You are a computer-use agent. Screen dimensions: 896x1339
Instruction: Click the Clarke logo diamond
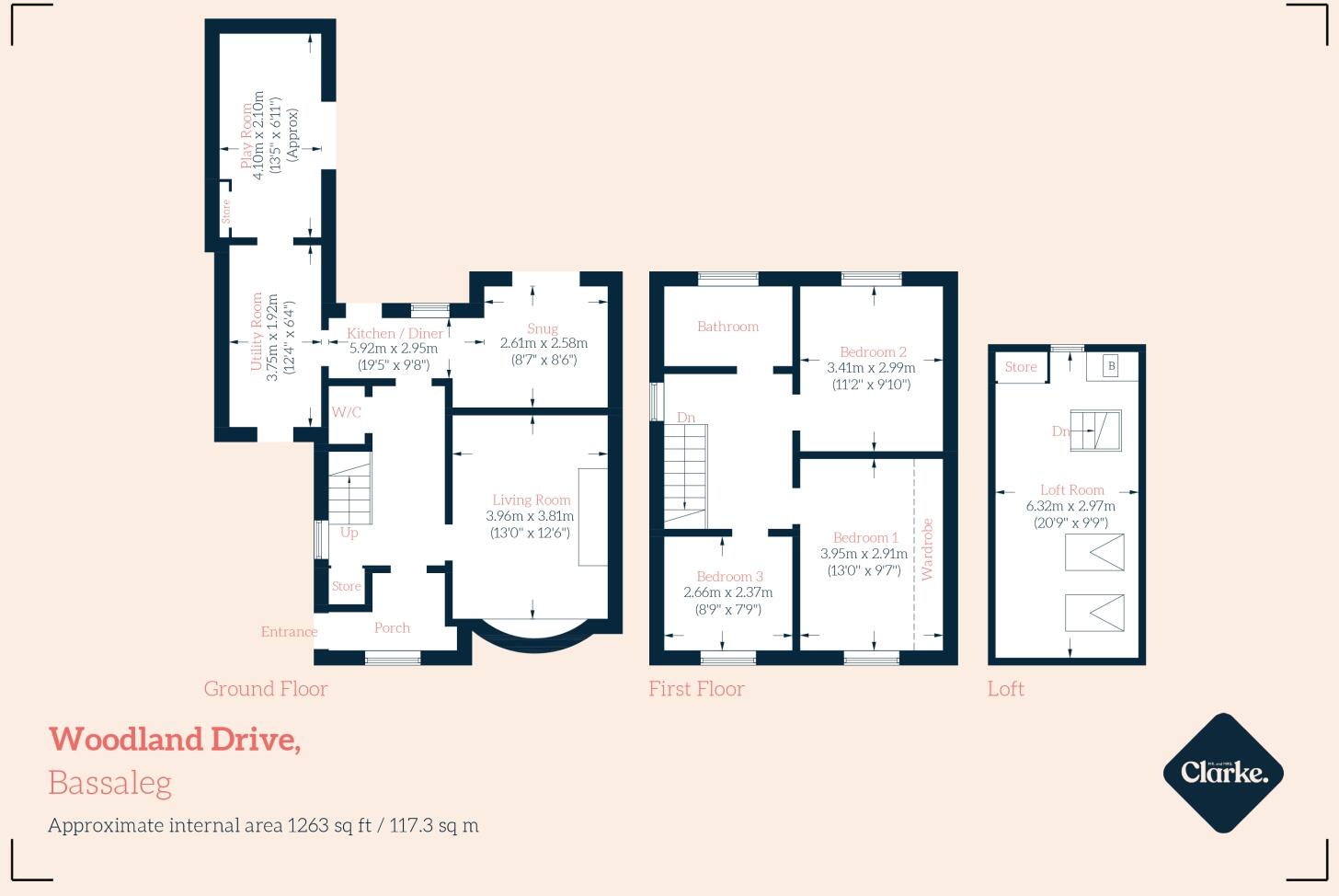click(x=1222, y=773)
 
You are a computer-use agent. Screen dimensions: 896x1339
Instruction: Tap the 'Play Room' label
click(x=246, y=135)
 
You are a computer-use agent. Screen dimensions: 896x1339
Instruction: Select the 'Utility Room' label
click(x=257, y=331)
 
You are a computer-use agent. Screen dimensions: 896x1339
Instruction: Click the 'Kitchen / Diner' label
click(x=395, y=333)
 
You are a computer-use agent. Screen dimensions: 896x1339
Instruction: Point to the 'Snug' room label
click(x=543, y=328)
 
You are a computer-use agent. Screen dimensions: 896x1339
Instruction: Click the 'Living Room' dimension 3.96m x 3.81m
click(x=531, y=516)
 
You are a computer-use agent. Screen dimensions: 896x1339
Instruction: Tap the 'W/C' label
click(x=346, y=412)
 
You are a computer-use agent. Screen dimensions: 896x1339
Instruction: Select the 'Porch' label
click(x=392, y=627)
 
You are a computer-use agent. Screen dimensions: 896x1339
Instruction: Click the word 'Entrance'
click(x=289, y=631)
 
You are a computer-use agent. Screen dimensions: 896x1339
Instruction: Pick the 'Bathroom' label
click(x=727, y=326)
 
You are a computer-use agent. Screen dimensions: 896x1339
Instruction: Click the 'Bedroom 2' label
click(x=873, y=351)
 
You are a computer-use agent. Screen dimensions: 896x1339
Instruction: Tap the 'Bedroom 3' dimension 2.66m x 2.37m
click(x=727, y=592)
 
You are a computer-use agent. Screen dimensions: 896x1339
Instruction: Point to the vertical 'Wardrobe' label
click(x=927, y=549)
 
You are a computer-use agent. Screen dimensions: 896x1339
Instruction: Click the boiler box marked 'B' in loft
click(x=1111, y=366)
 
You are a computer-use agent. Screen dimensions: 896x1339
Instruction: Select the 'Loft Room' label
click(x=1071, y=490)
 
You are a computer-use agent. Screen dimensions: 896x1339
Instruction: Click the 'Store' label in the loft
click(x=1020, y=366)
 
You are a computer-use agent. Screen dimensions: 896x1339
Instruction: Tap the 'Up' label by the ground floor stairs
click(x=349, y=532)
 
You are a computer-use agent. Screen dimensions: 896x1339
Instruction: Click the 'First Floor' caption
click(x=696, y=688)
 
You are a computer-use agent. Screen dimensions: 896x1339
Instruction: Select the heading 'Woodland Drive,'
click(x=175, y=739)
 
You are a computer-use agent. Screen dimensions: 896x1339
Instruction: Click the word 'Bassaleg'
click(x=109, y=782)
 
